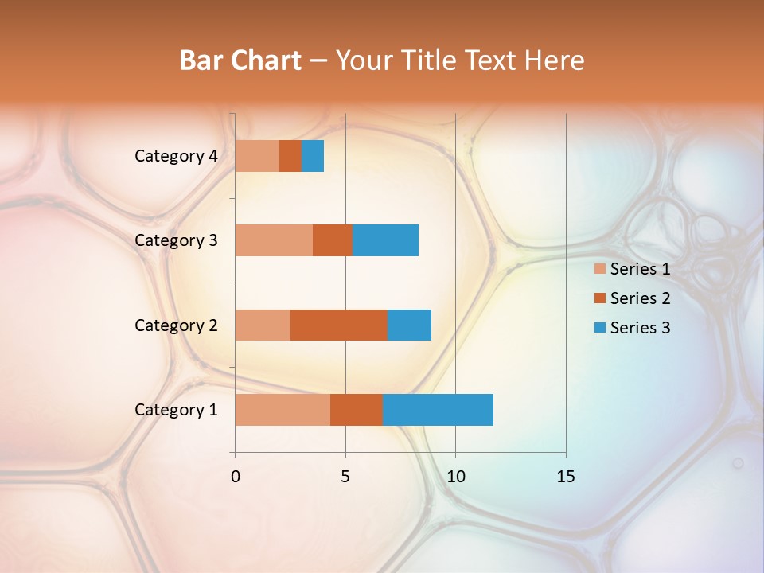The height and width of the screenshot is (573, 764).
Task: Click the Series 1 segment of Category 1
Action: [283, 410]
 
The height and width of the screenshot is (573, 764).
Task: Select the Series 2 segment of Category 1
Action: [357, 410]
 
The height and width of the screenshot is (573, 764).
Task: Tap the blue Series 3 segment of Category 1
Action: [438, 410]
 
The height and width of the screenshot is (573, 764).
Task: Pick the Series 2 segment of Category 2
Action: [339, 325]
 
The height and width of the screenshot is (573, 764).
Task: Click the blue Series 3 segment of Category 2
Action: [409, 325]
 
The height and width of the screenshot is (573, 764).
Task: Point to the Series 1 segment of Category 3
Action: [274, 240]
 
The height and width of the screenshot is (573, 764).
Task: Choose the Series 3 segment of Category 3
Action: [385, 240]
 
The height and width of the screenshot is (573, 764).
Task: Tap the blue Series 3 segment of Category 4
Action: [313, 156]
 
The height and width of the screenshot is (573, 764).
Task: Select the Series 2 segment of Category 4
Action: [290, 156]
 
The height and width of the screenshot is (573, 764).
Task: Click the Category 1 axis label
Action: [175, 410]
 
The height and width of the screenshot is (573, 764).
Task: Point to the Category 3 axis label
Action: [175, 240]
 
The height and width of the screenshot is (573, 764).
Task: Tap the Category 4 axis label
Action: [175, 156]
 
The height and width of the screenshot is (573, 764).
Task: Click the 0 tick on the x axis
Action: [235, 477]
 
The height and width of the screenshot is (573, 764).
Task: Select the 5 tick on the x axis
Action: [345, 477]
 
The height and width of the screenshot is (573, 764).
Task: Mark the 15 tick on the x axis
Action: [566, 477]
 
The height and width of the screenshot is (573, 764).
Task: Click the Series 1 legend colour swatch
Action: [600, 269]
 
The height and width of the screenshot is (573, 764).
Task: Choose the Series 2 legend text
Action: [640, 298]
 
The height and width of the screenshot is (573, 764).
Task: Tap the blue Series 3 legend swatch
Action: [600, 328]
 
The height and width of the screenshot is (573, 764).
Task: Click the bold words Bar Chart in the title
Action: [240, 60]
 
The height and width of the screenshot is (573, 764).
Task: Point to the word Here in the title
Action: [554, 60]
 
